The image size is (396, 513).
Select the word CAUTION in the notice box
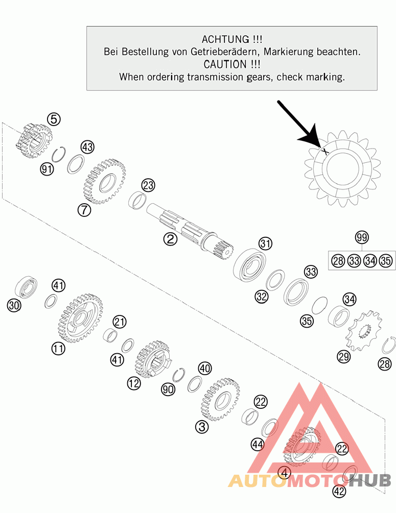[225, 64]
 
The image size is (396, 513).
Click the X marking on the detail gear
[324, 151]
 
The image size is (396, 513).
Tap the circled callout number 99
[362, 237]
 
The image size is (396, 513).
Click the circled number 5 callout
[54, 119]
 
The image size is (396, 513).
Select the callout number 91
[47, 169]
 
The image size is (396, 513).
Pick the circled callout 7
[84, 210]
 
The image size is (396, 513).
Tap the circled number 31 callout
[265, 243]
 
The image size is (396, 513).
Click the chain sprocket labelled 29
[364, 329]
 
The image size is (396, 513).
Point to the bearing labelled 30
[26, 287]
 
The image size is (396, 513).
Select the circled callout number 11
[58, 348]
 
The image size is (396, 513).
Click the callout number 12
[134, 383]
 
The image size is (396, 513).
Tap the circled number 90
[168, 389]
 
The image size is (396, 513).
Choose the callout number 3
[202, 427]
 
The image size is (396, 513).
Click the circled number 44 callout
[257, 444]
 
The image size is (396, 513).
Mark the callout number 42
[339, 491]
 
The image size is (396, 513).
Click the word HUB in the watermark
[369, 480]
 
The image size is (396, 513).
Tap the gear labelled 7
[104, 181]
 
